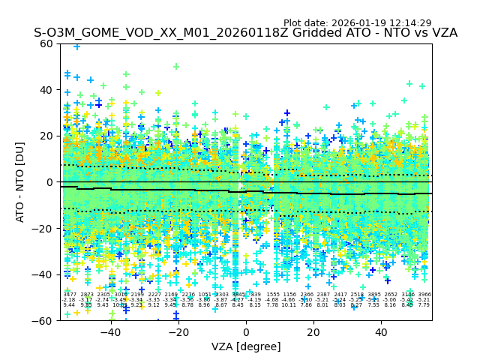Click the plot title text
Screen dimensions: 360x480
245,33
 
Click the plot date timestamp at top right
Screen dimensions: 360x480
357,23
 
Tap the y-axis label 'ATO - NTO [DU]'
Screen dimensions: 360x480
21,182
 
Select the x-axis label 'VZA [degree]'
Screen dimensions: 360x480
245,346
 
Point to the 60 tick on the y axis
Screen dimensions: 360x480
46,43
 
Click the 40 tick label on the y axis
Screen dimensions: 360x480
46,90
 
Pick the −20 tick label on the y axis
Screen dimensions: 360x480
43,229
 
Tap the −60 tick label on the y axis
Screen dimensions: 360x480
43,320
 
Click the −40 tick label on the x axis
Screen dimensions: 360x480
110,332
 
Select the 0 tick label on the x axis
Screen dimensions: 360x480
246,332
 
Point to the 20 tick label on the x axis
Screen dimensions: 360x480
313,332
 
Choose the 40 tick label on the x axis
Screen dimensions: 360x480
381,332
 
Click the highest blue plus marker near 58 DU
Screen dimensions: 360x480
76,46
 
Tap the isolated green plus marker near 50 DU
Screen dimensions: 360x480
176,67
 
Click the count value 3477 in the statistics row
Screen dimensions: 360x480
70,295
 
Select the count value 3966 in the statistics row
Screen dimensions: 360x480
424,295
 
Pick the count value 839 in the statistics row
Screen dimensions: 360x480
256,295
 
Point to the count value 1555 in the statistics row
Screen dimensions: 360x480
272,295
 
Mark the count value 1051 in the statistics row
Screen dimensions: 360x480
205,295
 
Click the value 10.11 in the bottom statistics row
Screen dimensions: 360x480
289,305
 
